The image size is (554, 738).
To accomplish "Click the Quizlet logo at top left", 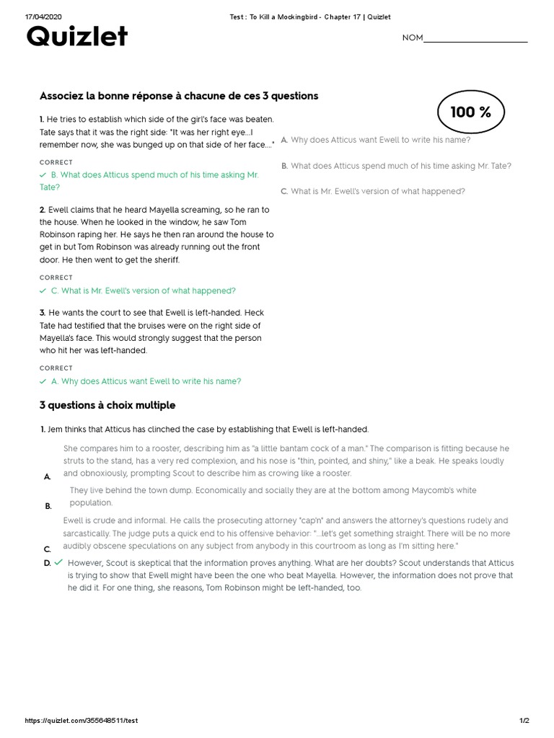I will [76, 36].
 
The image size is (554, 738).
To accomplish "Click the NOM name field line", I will [475, 39].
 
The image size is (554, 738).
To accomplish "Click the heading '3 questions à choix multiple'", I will [107, 405].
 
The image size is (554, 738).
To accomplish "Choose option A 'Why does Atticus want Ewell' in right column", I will [379, 140].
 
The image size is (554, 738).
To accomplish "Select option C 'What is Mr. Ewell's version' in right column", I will [377, 191].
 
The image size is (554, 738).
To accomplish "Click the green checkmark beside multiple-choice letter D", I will [58, 562].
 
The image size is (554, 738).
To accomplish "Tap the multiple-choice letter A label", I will [47, 477].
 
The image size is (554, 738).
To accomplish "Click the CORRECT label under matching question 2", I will [56, 277].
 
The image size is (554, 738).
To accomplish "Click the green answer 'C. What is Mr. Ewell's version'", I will [142, 291].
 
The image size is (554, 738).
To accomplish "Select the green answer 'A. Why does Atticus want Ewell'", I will [145, 381].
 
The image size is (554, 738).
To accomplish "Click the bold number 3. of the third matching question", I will [43, 312].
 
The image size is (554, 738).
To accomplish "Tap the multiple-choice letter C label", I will [47, 549].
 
